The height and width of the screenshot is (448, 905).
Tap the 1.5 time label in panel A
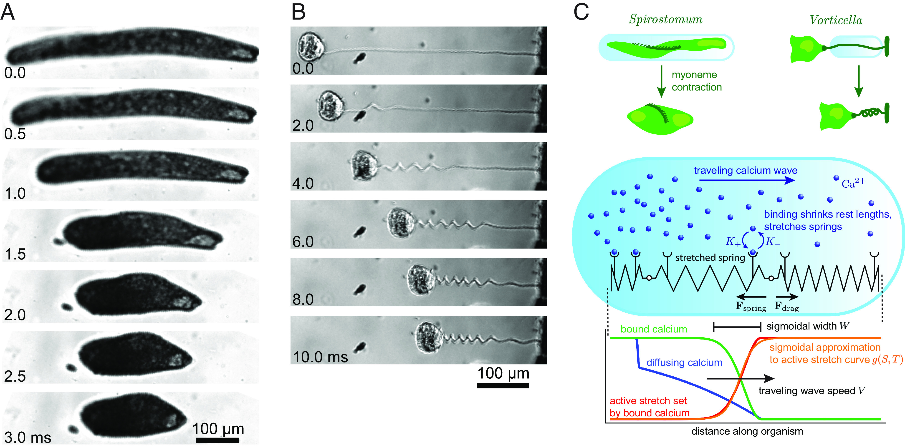pyautogui.click(x=15, y=254)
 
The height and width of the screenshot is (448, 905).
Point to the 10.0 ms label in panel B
pyautogui.click(x=320, y=357)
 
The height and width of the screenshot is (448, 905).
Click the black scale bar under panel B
pyautogui.click(x=503, y=385)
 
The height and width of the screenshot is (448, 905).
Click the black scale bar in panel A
pyautogui.click(x=217, y=440)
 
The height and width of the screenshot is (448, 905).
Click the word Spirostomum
pyautogui.click(x=666, y=19)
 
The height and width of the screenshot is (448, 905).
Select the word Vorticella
pyautogui.click(x=836, y=20)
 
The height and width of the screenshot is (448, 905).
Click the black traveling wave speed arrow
pyautogui.click(x=740, y=378)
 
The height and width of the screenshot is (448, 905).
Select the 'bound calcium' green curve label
pyautogui.click(x=653, y=329)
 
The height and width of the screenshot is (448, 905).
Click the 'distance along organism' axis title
pyautogui.click(x=747, y=431)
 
